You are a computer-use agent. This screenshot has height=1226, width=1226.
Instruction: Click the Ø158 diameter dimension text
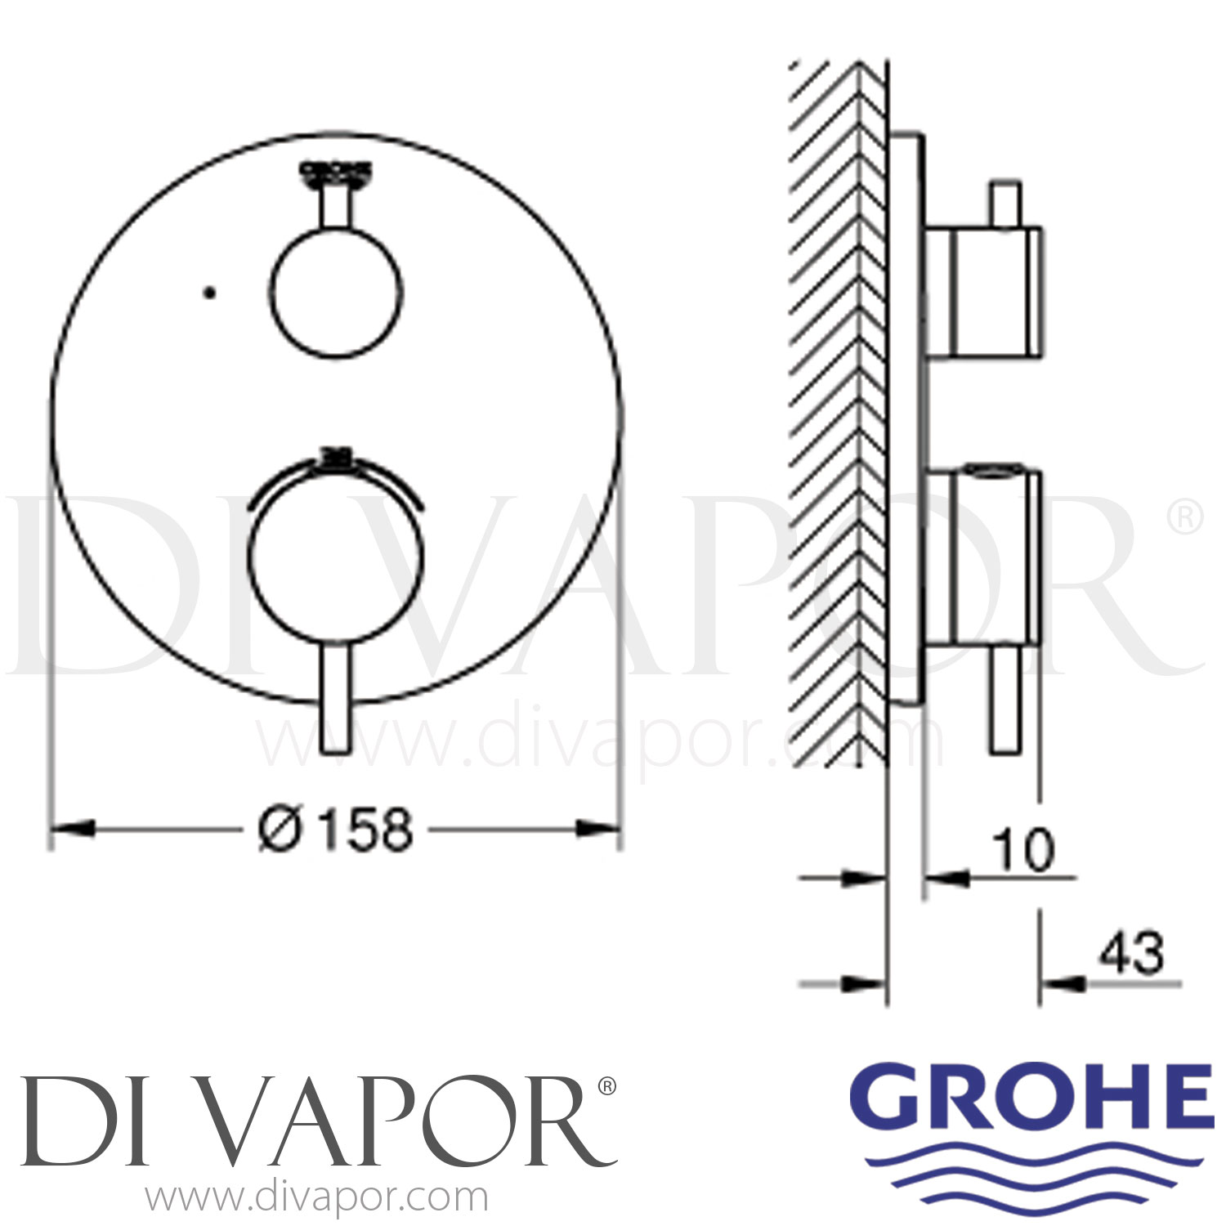pos(336,829)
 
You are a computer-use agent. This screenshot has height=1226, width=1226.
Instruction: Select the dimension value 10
pos(1024,851)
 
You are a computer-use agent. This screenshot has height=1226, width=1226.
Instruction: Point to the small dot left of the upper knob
pos(210,291)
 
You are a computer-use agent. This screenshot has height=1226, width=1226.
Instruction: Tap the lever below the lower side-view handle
pos(1004,699)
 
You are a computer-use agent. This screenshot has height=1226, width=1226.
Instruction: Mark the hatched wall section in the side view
pos(838,409)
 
